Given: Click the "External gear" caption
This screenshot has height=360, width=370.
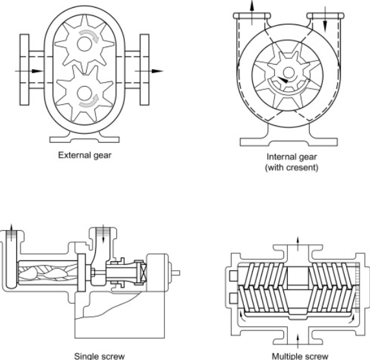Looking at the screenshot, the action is click(85, 156).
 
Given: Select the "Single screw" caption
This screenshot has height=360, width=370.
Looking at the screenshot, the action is click(100, 355).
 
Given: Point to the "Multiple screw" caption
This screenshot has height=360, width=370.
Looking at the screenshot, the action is click(300, 356).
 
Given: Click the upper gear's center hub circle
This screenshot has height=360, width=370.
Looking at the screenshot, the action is click(84, 44).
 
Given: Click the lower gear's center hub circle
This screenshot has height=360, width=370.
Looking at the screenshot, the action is click(84, 94).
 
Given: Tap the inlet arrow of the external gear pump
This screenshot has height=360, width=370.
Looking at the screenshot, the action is click(29, 71).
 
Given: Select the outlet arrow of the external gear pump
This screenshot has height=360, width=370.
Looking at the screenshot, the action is click(149, 71).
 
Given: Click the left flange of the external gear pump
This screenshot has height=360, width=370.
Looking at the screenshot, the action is click(25, 70).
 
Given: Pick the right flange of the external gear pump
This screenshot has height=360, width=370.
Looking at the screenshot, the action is click(144, 70).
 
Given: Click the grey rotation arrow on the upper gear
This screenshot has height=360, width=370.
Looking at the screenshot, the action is click(90, 35).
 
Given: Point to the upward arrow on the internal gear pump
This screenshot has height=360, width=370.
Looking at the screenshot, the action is click(252, 12).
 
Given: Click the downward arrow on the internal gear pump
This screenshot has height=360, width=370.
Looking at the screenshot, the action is click(325, 19).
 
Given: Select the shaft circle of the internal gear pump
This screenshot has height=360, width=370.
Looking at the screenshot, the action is click(288, 72).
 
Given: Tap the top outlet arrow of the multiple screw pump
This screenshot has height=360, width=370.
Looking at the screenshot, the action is click(298, 244).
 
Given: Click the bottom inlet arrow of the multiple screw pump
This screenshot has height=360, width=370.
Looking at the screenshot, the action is click(298, 341).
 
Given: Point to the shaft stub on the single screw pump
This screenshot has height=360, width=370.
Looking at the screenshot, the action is click(175, 273).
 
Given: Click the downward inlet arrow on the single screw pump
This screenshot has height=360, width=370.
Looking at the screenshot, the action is click(103, 235).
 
